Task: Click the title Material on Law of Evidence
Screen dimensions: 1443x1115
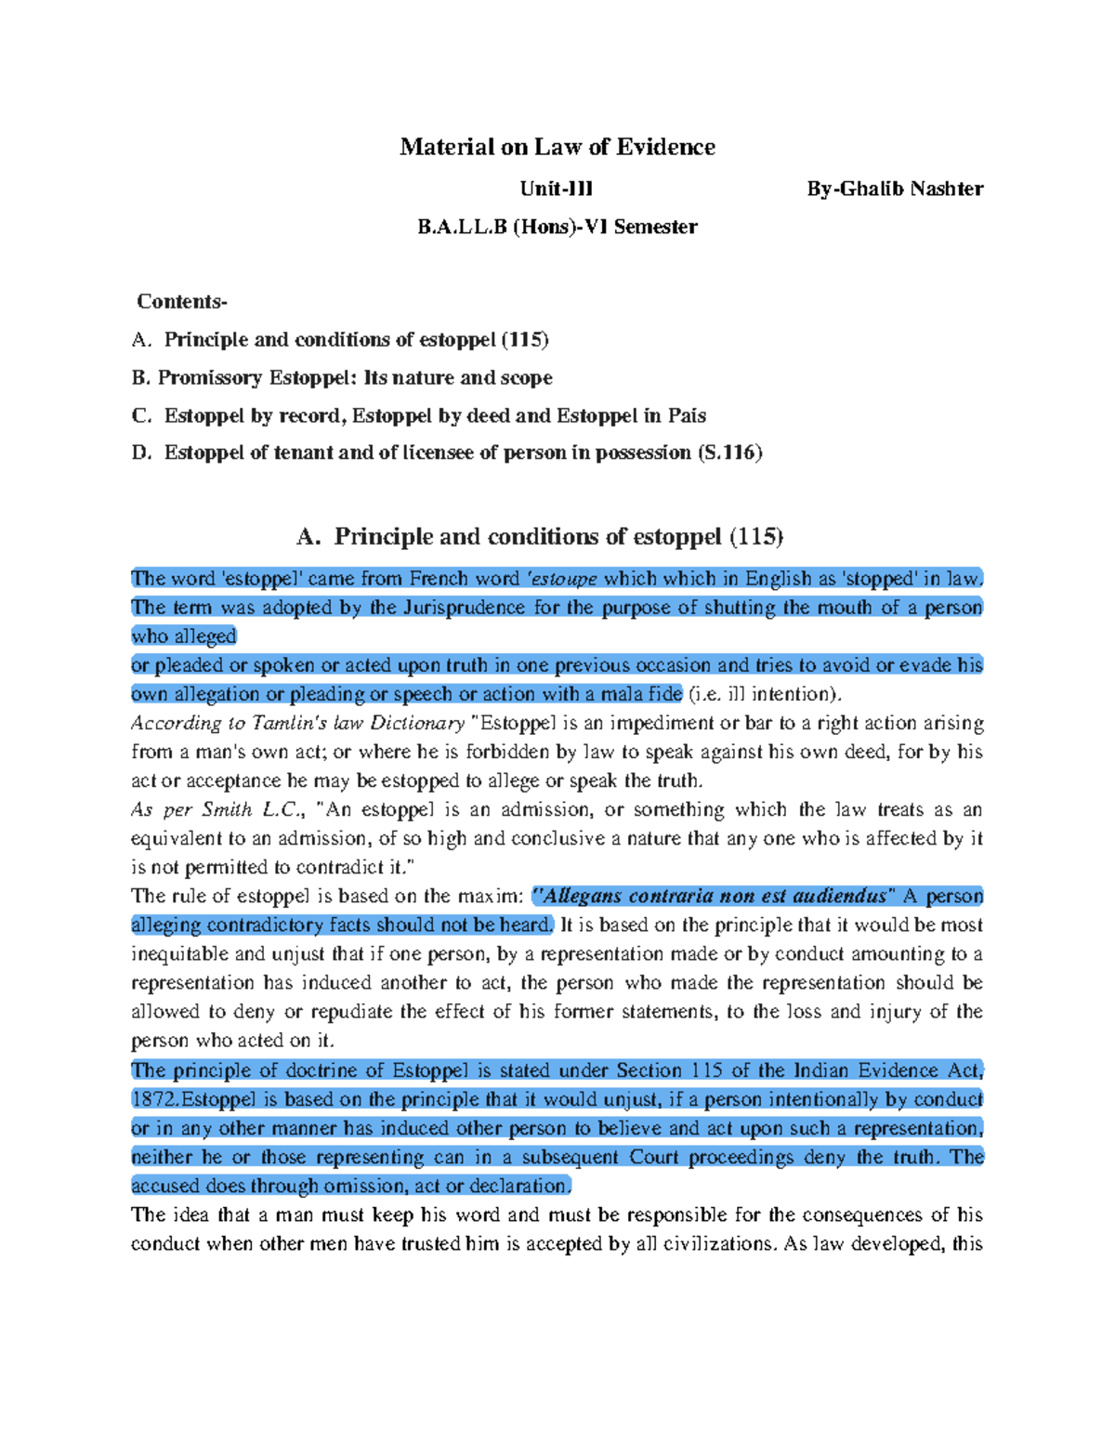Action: click(557, 147)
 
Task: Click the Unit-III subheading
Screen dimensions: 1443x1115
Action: click(556, 189)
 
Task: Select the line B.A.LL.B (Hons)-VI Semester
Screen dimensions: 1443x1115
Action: click(557, 227)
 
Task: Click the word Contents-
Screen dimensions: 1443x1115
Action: click(181, 301)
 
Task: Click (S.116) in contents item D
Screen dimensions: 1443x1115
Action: click(729, 453)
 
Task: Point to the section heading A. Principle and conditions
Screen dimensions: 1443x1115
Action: click(540, 537)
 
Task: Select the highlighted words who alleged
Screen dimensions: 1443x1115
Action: click(184, 636)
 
